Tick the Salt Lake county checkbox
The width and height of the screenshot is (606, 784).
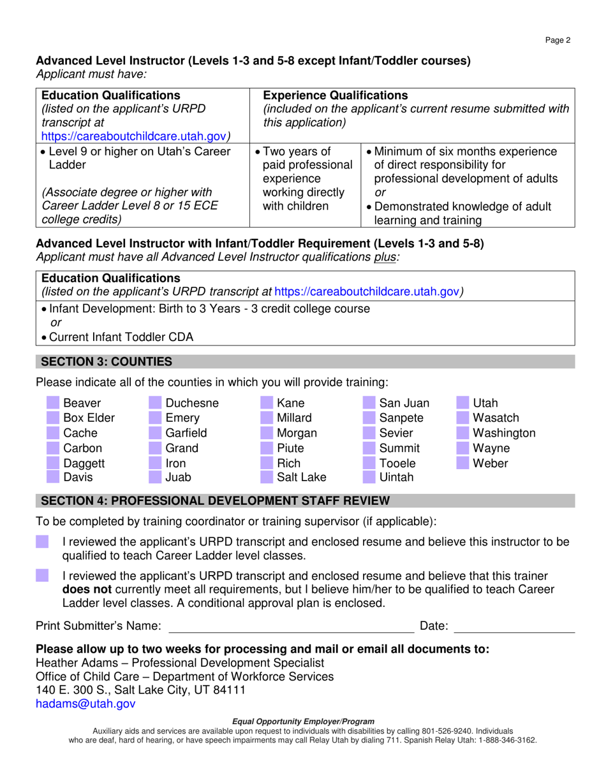(x=267, y=477)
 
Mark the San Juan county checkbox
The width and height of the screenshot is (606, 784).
(x=369, y=403)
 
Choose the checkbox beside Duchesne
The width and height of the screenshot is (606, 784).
(x=155, y=403)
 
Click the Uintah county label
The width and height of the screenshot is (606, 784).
(x=396, y=477)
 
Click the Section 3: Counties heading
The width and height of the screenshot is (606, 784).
(x=107, y=362)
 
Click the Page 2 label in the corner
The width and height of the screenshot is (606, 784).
(x=558, y=40)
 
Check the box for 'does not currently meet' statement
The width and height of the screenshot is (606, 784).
(x=42, y=575)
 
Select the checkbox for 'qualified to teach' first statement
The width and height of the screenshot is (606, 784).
(x=42, y=541)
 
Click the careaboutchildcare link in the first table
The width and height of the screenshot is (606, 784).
(x=134, y=136)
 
